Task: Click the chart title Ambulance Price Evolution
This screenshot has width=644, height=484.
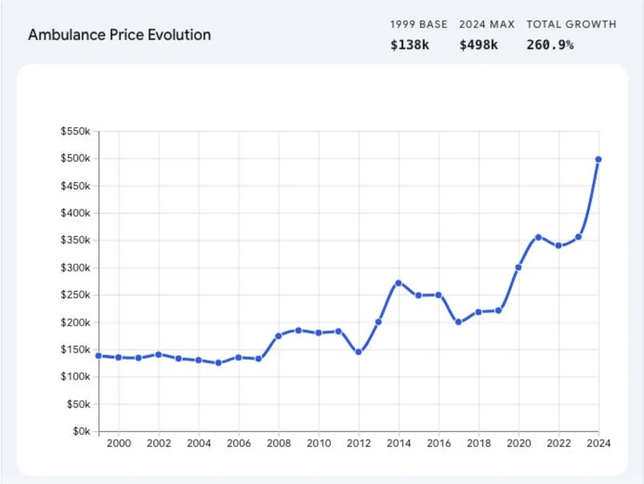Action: (x=120, y=35)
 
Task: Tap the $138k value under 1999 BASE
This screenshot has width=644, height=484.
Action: (x=409, y=45)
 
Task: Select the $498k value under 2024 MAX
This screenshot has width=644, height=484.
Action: (x=478, y=45)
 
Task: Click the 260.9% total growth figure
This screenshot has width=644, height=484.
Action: (x=550, y=45)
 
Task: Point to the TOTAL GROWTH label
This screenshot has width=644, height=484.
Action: (x=571, y=24)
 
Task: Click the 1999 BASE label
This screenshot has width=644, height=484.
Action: (x=419, y=24)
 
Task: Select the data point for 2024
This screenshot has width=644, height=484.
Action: (x=598, y=159)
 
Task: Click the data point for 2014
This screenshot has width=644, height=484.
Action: (x=398, y=283)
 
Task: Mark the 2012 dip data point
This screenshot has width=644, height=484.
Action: (x=359, y=352)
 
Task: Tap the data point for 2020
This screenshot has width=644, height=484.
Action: (x=518, y=267)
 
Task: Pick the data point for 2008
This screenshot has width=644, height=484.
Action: (x=278, y=336)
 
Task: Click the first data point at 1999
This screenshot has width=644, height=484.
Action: (x=98, y=356)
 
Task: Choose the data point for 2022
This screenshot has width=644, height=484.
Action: (x=558, y=245)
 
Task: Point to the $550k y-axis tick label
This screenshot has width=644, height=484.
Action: (x=75, y=131)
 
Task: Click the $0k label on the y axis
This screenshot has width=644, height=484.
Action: (x=81, y=431)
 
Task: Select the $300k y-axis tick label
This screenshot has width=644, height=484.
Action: (x=75, y=268)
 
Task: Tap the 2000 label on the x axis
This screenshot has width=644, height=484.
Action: (x=119, y=443)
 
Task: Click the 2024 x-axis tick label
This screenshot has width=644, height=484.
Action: (x=598, y=443)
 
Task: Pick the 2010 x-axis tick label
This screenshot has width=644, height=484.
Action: (x=319, y=443)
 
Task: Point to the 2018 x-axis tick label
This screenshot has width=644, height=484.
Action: (x=479, y=443)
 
